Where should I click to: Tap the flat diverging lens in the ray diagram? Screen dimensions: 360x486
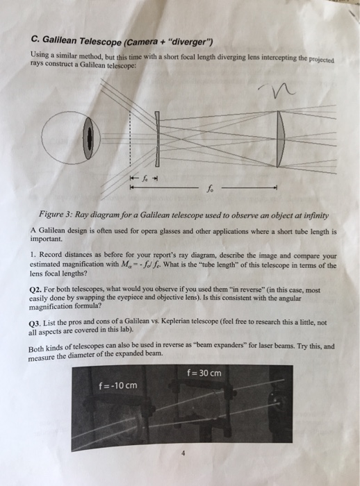[157, 139]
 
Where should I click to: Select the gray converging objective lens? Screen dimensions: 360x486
[281, 139]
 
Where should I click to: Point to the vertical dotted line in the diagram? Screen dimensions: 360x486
[130, 138]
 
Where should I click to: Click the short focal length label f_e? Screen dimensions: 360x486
[145, 178]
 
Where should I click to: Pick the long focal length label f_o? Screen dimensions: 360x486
[210, 188]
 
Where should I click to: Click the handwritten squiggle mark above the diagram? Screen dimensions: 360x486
[277, 90]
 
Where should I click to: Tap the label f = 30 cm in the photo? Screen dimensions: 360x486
[204, 373]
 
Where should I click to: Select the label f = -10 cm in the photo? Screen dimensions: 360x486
[118, 385]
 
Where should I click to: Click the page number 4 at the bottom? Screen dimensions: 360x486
[183, 453]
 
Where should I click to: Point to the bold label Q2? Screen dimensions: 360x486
[35, 290]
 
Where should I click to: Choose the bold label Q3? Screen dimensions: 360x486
[35, 324]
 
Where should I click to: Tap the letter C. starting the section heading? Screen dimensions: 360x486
[35, 39]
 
